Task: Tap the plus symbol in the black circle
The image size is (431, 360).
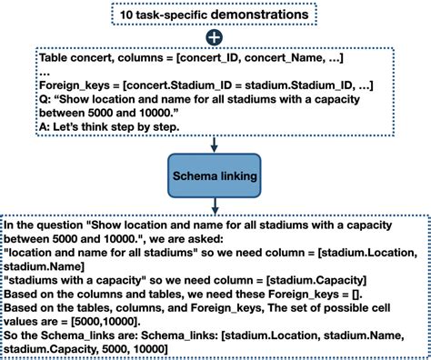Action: coord(215,38)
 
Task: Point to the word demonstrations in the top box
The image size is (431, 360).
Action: coord(256,15)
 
